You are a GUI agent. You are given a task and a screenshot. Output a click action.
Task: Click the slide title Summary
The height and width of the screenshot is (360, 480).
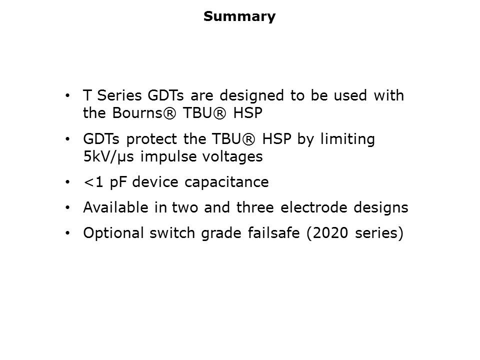point(239,16)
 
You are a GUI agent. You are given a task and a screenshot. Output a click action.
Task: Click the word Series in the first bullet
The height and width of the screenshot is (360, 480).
point(119,95)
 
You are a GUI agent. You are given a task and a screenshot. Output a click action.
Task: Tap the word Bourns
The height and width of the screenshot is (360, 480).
point(137,112)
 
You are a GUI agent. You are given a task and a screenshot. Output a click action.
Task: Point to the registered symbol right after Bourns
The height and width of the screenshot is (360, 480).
point(169,113)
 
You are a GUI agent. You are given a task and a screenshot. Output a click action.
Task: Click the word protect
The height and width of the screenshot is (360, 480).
point(151,140)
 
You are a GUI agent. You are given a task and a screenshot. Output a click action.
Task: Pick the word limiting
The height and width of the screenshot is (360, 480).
point(347,140)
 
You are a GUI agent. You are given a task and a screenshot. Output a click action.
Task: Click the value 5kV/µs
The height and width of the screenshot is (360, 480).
point(108,157)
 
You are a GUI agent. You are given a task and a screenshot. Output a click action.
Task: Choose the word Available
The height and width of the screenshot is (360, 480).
point(115,207)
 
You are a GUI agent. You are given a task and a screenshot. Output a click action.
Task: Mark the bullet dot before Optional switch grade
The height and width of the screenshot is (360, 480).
point(67,233)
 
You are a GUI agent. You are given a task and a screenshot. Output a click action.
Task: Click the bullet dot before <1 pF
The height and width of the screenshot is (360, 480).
point(67,182)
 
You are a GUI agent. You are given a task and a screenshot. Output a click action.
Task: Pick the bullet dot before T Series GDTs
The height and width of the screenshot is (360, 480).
point(67,96)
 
